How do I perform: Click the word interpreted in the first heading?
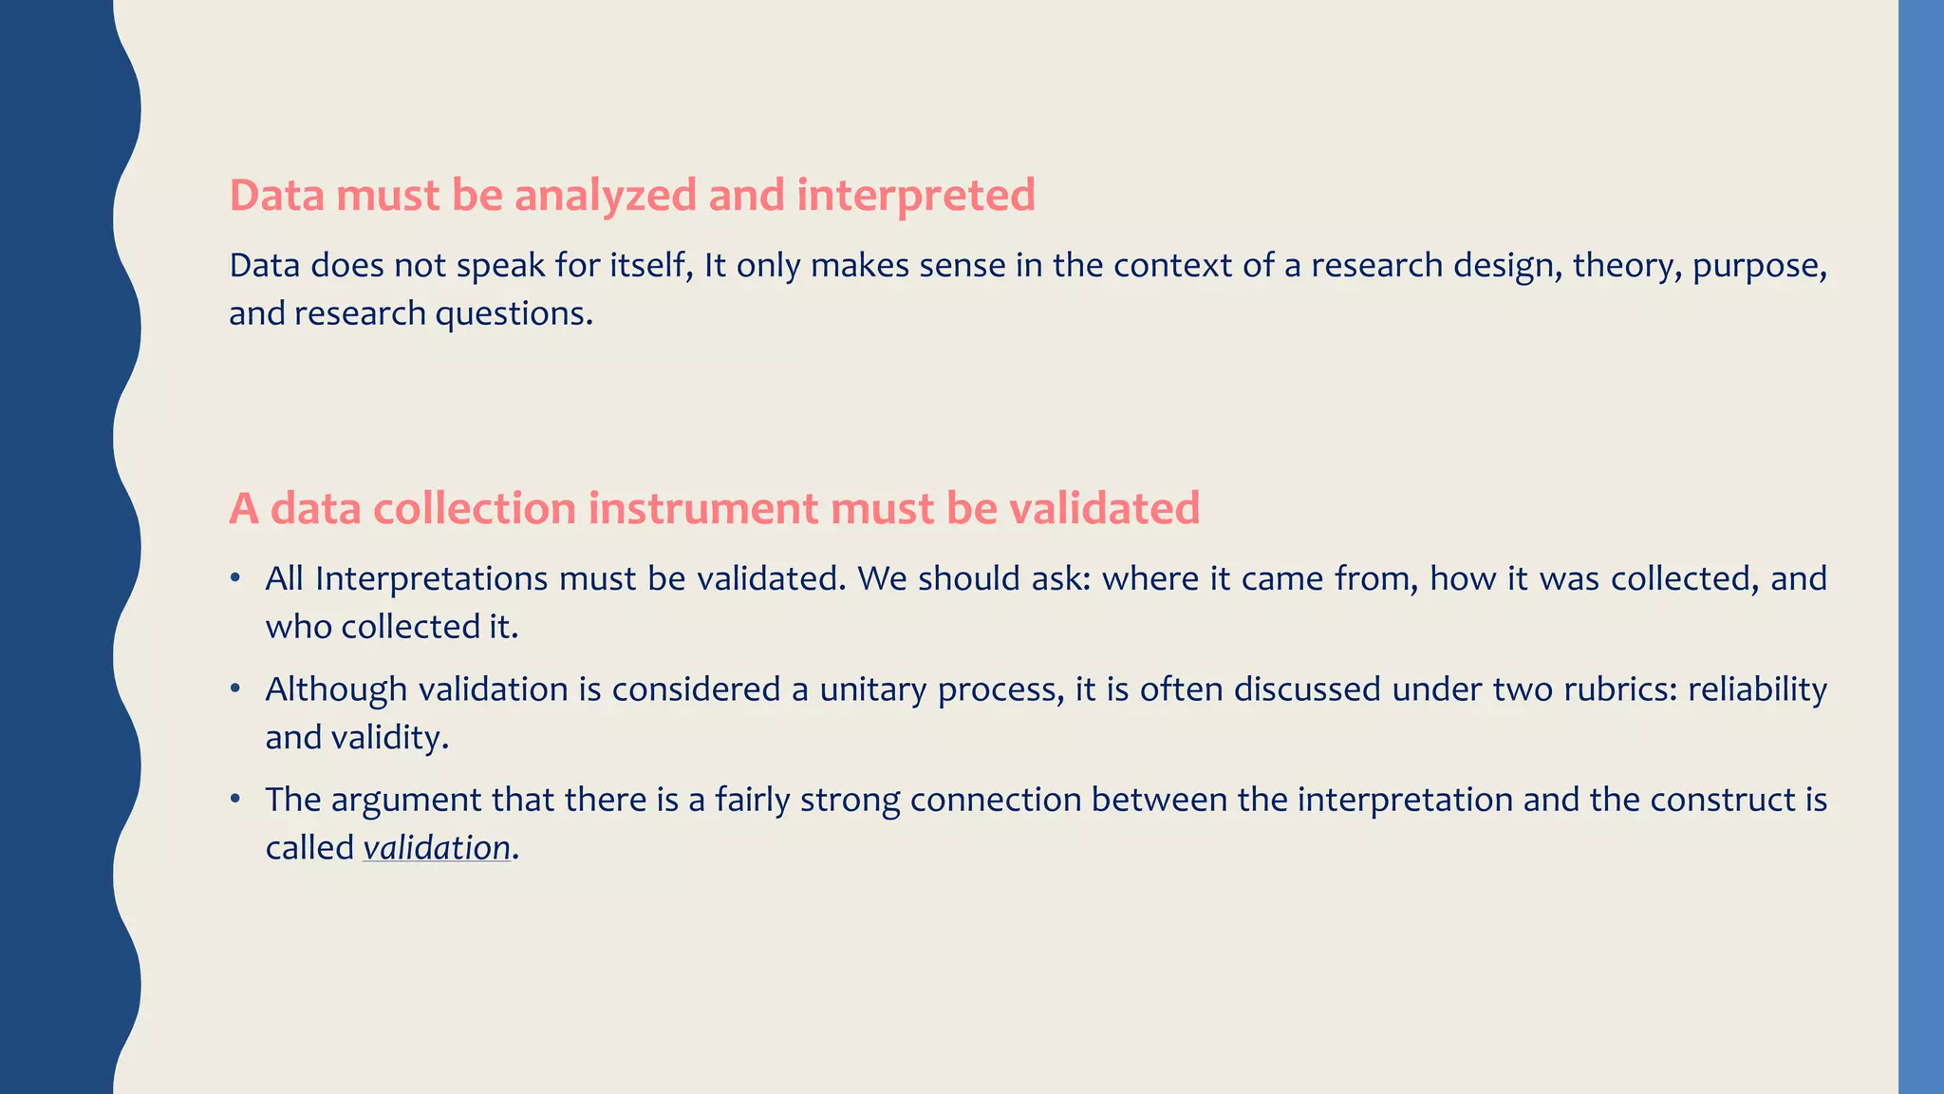(x=915, y=197)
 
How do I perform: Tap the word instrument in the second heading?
(x=702, y=509)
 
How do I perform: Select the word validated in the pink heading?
(x=1104, y=509)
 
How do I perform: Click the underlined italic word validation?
(x=437, y=848)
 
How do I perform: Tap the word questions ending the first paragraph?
(x=514, y=314)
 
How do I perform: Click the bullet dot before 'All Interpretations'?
(x=234, y=578)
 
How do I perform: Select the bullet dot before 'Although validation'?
(x=234, y=688)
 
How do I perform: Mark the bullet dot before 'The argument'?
(x=234, y=800)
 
